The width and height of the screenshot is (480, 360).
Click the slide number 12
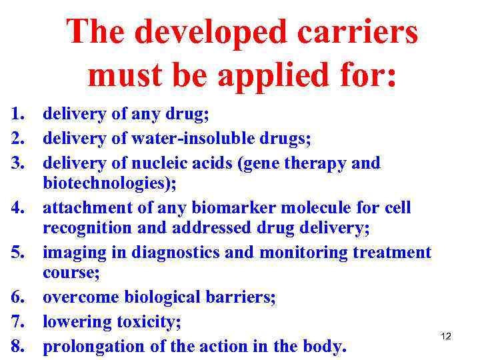(x=446, y=336)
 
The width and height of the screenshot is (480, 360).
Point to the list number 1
(x=17, y=115)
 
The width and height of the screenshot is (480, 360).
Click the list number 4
(x=17, y=208)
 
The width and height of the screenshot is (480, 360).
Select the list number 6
(x=17, y=298)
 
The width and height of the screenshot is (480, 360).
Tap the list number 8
(x=17, y=347)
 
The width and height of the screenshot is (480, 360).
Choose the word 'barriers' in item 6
(x=238, y=298)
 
